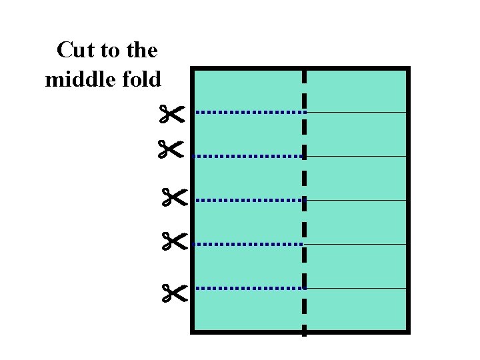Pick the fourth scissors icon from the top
[175, 241]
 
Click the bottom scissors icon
[175, 291]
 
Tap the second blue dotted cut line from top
[248, 156]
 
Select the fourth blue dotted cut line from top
[248, 244]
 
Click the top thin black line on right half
[356, 113]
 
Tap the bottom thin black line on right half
[356, 288]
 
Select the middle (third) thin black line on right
[356, 200]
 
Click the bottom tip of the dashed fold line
[304, 333]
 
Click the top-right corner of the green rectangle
[407, 69]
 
